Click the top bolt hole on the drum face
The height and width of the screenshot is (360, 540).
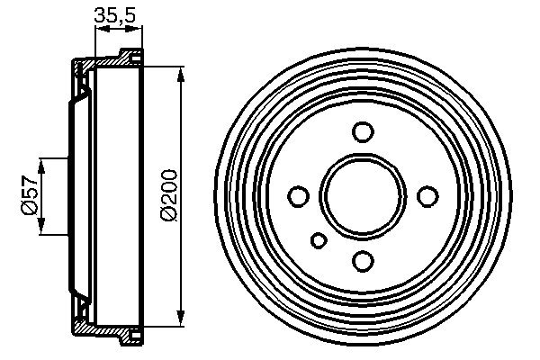tap(363, 132)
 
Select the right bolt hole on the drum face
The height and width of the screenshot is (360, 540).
tap(427, 196)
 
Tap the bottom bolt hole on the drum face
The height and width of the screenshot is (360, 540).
tap(363, 261)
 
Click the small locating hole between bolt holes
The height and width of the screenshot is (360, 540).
tap(319, 240)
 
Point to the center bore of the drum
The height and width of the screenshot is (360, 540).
tap(363, 196)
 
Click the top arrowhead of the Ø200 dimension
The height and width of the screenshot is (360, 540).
tap(184, 70)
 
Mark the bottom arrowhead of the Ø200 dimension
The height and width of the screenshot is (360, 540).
tap(184, 320)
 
